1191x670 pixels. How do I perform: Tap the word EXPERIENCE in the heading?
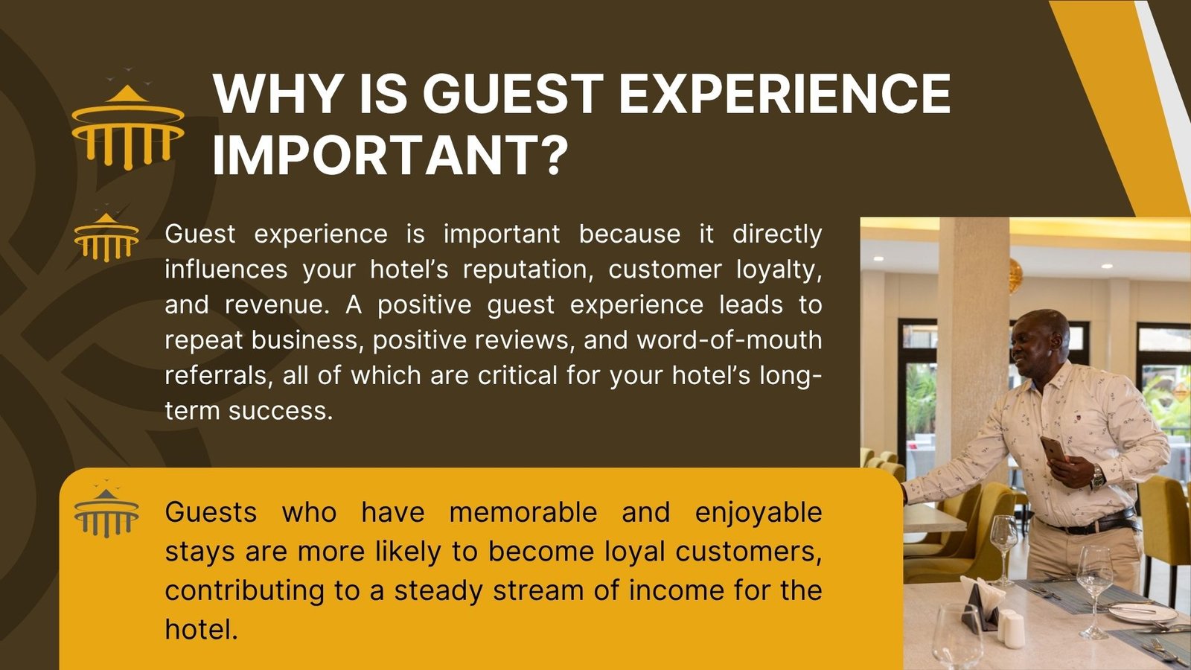[785, 94]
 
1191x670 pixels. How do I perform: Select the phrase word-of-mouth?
[729, 340]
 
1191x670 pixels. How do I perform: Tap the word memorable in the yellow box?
[523, 512]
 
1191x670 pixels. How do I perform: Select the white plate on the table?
[1142, 613]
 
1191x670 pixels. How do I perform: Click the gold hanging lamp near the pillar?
[1015, 275]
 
